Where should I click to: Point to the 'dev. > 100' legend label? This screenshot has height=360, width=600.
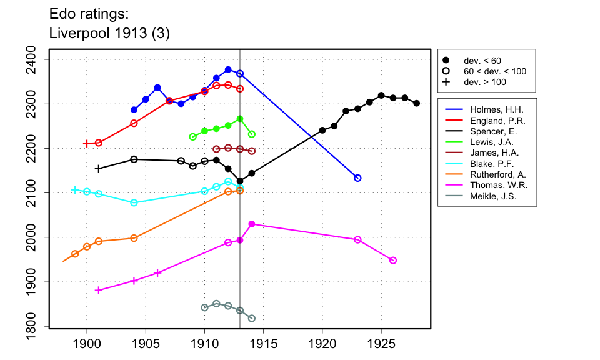(x=484, y=82)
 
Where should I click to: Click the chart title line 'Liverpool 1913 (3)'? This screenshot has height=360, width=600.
(x=109, y=33)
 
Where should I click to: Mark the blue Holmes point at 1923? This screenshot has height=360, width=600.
(x=357, y=178)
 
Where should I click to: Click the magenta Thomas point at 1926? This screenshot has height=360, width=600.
(x=393, y=261)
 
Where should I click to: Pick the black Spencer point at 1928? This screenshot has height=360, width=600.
(x=417, y=103)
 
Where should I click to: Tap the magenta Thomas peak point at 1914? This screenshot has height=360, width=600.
(x=252, y=224)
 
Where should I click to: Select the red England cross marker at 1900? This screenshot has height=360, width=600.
(x=87, y=144)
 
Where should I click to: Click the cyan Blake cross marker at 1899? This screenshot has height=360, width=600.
(x=75, y=190)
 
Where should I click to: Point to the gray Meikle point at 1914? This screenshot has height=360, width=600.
(x=252, y=319)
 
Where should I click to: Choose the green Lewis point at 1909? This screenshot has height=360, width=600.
(x=192, y=137)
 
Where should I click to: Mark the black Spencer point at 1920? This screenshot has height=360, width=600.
(x=322, y=130)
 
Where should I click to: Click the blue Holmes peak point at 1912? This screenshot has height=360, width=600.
(x=228, y=69)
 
